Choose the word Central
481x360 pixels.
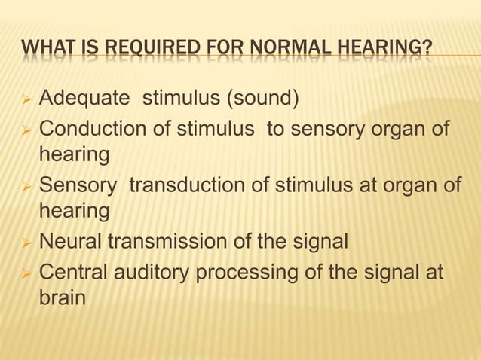(73, 270)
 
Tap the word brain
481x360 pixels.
(62, 298)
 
